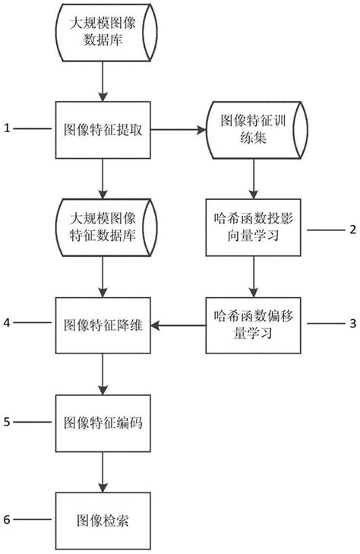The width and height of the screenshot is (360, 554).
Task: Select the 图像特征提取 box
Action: tap(103, 129)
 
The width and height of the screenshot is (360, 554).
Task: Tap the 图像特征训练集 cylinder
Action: tap(254, 129)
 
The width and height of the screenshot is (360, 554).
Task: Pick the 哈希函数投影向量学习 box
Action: tap(254, 227)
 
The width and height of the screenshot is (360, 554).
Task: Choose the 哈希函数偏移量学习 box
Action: tap(254, 325)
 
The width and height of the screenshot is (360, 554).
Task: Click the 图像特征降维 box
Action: tap(103, 325)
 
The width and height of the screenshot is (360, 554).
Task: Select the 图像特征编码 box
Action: tap(103, 422)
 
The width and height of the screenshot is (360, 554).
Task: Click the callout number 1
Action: tap(7, 129)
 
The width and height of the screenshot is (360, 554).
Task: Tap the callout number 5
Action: tap(7, 422)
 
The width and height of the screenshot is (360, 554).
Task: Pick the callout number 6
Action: tap(7, 520)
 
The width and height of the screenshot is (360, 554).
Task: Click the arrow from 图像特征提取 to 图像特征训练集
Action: tap(178, 129)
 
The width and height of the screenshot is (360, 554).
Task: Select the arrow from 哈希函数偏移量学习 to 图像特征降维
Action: tap(179, 325)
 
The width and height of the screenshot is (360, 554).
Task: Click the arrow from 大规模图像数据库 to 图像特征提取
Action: tap(103, 84)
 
